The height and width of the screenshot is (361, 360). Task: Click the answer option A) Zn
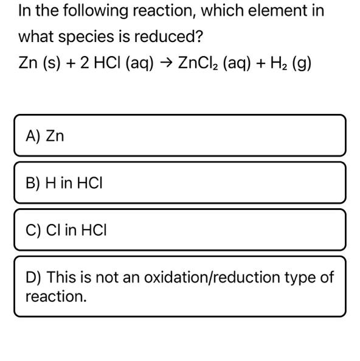pos(179,135)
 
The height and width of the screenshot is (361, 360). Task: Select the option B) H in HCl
pos(179,182)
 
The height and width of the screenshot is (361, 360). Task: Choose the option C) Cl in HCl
pos(179,230)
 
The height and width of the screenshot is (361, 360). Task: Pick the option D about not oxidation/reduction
pos(179,286)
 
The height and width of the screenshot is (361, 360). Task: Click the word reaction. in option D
pos(56,296)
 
